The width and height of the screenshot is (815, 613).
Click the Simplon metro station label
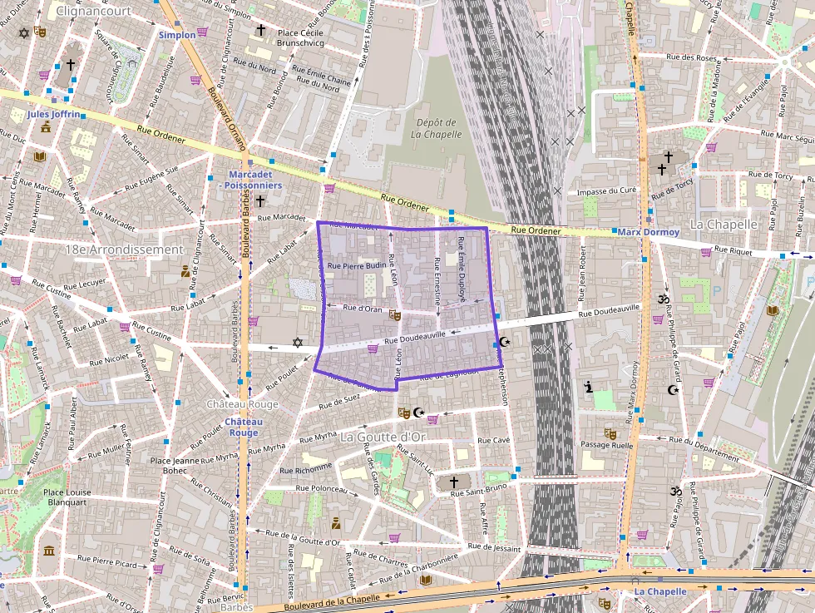click(177, 35)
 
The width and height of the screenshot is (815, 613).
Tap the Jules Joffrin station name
click(54, 113)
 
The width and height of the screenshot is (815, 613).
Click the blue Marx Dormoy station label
click(649, 232)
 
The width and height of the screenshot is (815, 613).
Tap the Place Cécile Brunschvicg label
click(289, 38)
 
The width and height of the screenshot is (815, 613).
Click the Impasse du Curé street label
click(606, 192)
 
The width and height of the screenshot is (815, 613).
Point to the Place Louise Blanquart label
click(67, 497)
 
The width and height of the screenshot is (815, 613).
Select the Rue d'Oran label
click(362, 309)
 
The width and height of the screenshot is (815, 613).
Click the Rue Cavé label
click(495, 440)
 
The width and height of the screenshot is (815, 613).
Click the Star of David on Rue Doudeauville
click(298, 343)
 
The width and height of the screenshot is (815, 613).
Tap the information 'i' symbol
click(590, 387)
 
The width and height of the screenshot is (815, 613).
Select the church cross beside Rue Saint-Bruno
click(454, 482)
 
